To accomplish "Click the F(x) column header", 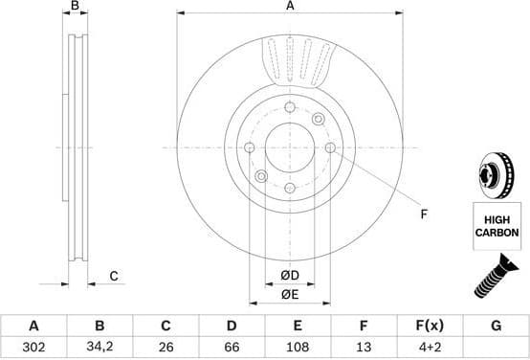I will pos(430,326).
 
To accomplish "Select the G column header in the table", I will pos(496,326).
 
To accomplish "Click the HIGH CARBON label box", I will pos(496,227).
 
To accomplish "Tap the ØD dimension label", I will pos(291,277).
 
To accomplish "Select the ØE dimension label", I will pos(291,294).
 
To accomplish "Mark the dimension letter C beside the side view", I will pos(113,277).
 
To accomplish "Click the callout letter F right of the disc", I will pos(423,214).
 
